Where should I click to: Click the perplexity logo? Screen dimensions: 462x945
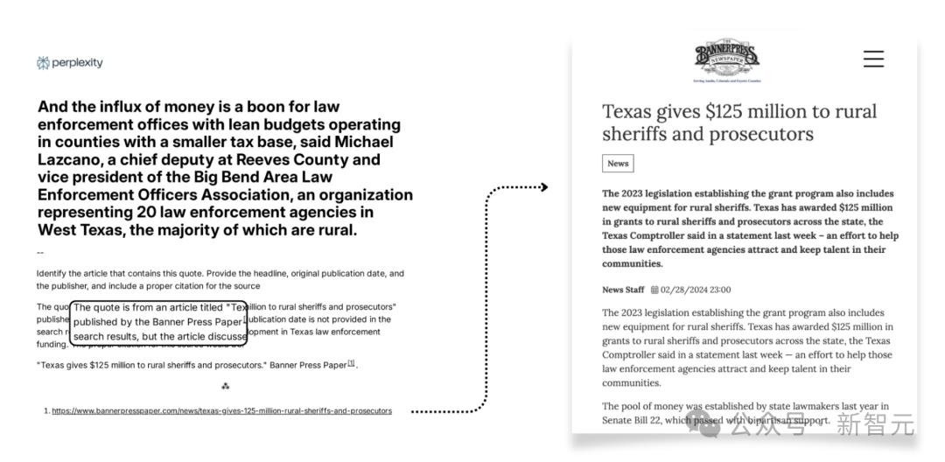coord(70,63)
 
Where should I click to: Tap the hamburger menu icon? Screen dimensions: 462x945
coord(873,59)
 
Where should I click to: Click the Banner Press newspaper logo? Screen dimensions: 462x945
coord(727,60)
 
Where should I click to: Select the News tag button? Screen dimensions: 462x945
coord(618,164)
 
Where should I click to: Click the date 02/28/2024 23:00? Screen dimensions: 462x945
coord(696,290)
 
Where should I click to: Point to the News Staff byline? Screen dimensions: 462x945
coord(623,290)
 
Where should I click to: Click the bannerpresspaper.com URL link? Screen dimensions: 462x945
coord(221,410)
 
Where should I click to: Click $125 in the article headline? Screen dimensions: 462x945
coord(709,112)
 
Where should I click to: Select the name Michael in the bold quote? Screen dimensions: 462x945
coord(363,142)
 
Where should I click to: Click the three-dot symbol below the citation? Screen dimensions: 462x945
coord(225,386)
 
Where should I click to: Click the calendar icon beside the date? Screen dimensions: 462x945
coord(654,290)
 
